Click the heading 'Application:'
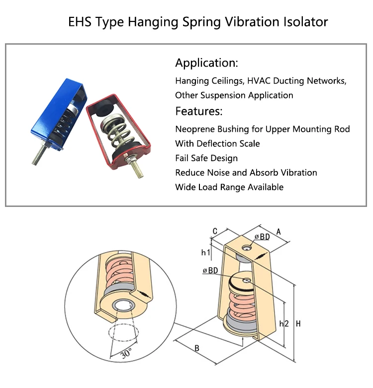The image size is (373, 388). tap(206, 63)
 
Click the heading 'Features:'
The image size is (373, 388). tap(198, 110)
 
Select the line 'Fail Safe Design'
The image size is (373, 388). tap(206, 158)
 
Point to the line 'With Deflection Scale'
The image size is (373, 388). tap(217, 144)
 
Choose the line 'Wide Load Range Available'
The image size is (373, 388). tap(229, 187)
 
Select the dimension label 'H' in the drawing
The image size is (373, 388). tap(298, 324)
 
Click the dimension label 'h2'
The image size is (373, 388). tap(284, 324)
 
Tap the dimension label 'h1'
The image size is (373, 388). tap(205, 253)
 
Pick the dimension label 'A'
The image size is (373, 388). tap(278, 231)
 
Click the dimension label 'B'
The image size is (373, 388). tap(197, 348)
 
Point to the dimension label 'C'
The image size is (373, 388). tap(214, 231)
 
